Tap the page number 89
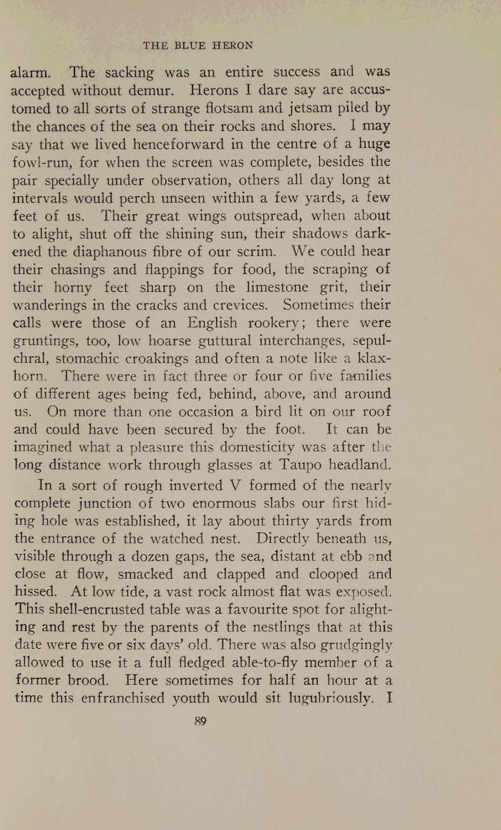pyautogui.click(x=200, y=721)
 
